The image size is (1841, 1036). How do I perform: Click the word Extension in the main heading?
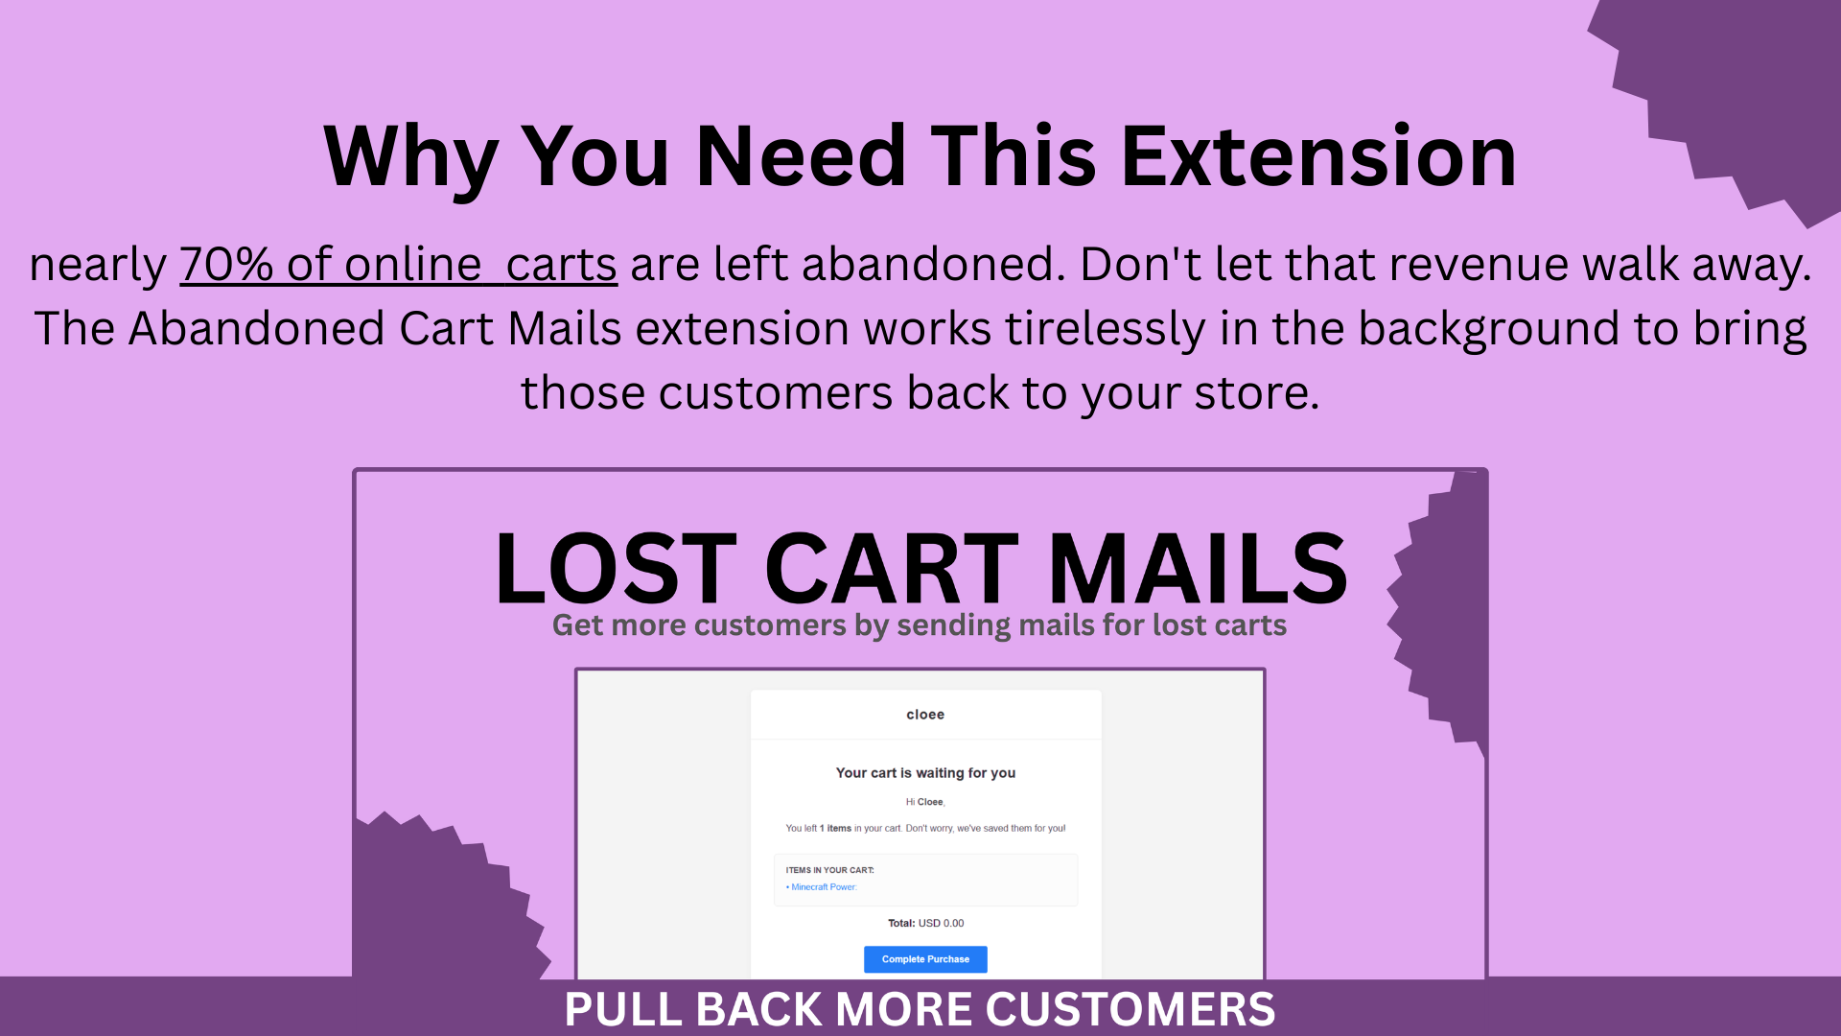tap(1318, 155)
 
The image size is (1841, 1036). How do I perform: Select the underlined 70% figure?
tap(226, 264)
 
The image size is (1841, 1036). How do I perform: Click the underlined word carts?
tap(561, 265)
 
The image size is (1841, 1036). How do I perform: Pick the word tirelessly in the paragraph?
tap(1105, 328)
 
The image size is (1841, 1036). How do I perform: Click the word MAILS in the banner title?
tap(1199, 569)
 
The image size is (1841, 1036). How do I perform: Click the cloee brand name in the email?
tap(925, 715)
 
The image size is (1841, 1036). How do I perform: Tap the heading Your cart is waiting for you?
tap(925, 773)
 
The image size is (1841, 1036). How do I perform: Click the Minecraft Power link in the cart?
tap(824, 887)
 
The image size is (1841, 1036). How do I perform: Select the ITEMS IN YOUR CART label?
tap(829, 870)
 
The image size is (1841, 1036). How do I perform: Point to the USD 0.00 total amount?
tap(941, 924)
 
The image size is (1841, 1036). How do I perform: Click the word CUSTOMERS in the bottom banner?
tap(1130, 1010)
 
